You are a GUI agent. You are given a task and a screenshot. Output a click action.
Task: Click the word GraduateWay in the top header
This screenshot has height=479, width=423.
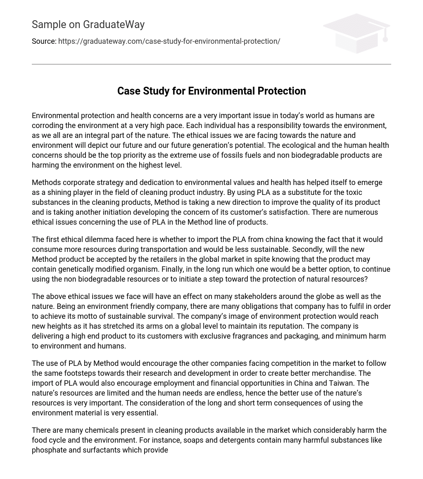114,25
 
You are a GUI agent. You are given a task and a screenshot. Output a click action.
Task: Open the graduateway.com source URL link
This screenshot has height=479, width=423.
169,41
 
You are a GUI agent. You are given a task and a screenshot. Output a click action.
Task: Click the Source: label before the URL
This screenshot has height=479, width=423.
44,41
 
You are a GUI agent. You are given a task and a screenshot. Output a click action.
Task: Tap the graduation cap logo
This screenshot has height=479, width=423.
356,33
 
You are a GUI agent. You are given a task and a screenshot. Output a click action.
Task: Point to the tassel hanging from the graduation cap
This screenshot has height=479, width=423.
385,36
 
